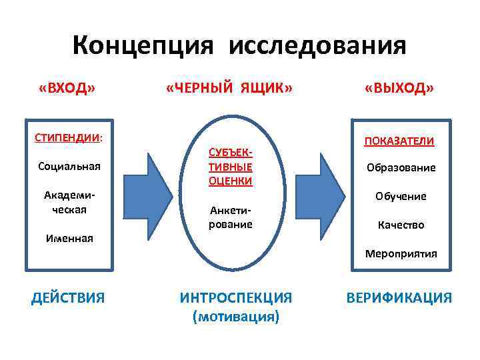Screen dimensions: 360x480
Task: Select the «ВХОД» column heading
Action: point(67,89)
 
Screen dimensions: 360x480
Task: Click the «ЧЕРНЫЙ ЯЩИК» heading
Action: point(229,89)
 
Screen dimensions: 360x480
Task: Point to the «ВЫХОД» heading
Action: point(399,89)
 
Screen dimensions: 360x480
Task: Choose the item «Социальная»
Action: point(69,165)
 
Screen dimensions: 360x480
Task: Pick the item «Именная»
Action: point(69,237)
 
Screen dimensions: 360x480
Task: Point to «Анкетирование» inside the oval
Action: point(230,217)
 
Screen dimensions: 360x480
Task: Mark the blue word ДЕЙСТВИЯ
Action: point(68,297)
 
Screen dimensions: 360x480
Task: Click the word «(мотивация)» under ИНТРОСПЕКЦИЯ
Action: point(236,317)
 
